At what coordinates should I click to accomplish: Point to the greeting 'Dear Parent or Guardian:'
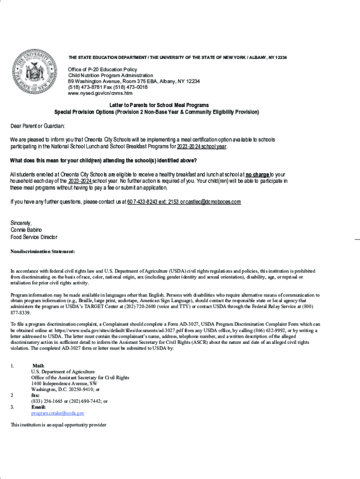[x=38, y=126]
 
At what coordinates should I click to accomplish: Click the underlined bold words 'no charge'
[x=258, y=174]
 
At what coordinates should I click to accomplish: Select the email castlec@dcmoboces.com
[x=213, y=202]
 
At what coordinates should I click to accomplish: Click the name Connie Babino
[x=26, y=230]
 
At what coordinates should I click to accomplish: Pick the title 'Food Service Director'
[x=34, y=237]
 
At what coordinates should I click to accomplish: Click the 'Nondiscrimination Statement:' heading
[x=43, y=252]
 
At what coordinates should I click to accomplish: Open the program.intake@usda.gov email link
[x=58, y=414]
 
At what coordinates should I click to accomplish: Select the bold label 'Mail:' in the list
[x=39, y=366]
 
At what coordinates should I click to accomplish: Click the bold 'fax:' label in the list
[x=36, y=395]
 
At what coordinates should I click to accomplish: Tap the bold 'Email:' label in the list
[x=38, y=407]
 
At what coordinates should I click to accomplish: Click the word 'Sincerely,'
[x=21, y=223]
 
